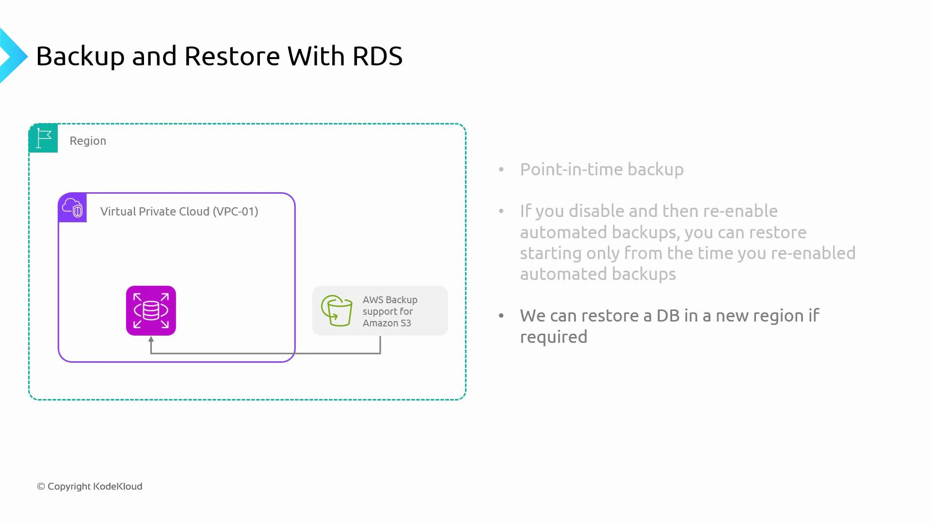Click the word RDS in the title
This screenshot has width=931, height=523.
[377, 56]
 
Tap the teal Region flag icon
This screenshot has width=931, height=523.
[43, 138]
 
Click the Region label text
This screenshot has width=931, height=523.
[88, 141]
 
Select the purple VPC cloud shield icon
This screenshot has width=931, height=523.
[73, 208]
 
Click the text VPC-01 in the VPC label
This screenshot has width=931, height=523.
[235, 212]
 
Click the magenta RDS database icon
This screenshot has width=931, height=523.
[151, 310]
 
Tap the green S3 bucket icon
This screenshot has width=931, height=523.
[337, 310]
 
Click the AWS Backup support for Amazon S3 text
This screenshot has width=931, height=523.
[389, 311]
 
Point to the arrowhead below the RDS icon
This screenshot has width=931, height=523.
[151, 339]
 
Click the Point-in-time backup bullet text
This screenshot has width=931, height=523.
[602, 169]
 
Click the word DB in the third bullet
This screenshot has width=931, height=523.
[668, 316]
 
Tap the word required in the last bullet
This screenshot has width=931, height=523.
[553, 337]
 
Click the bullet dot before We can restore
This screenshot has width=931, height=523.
[501, 316]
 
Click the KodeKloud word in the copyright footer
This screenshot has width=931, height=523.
[118, 486]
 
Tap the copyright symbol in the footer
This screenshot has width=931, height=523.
[41, 486]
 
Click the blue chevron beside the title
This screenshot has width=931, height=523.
[13, 56]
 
